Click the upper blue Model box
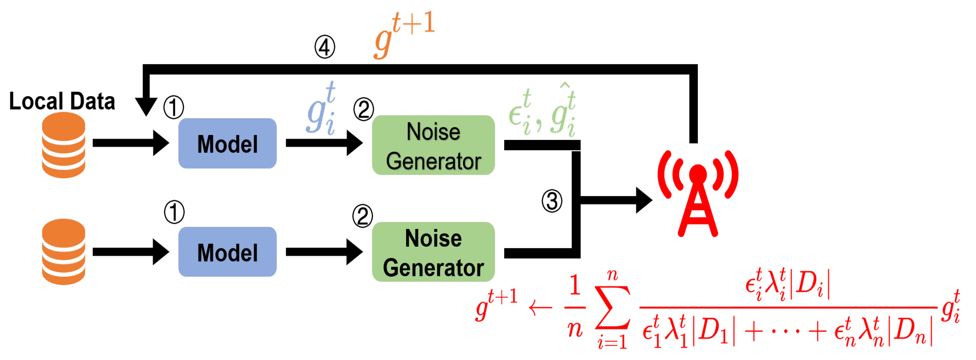pos(227,143)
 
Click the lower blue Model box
pos(227,252)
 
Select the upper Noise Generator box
pos(433,145)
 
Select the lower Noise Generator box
pos(433,252)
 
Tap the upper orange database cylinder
pos(63,145)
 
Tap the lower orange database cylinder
pos(63,252)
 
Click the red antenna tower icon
pos(698,193)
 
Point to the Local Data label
pos(62,101)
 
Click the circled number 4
pos(325,47)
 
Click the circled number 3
pos(552,201)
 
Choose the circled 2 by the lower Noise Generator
pos(363,216)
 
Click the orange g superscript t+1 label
pos(404,35)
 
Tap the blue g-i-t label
pos(321,108)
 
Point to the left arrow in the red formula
pos(541,308)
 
